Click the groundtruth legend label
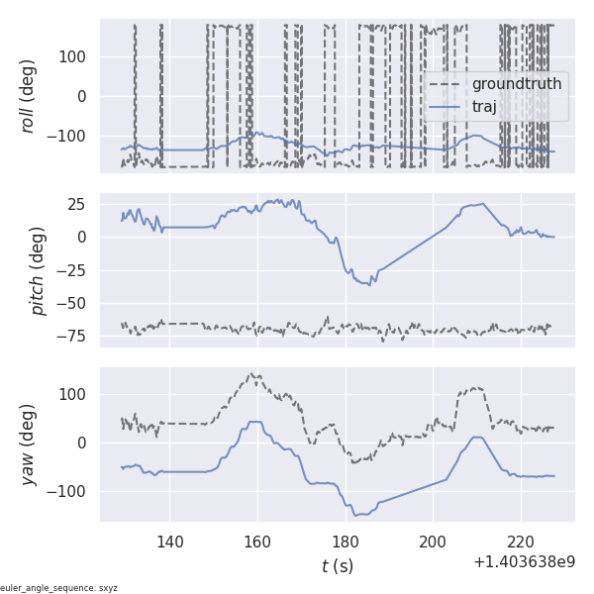click(x=516, y=84)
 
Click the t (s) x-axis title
click(x=338, y=566)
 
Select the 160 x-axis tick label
click(x=257, y=542)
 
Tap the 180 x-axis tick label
click(x=346, y=542)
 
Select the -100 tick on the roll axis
click(x=68, y=136)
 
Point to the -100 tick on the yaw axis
click(x=68, y=491)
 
